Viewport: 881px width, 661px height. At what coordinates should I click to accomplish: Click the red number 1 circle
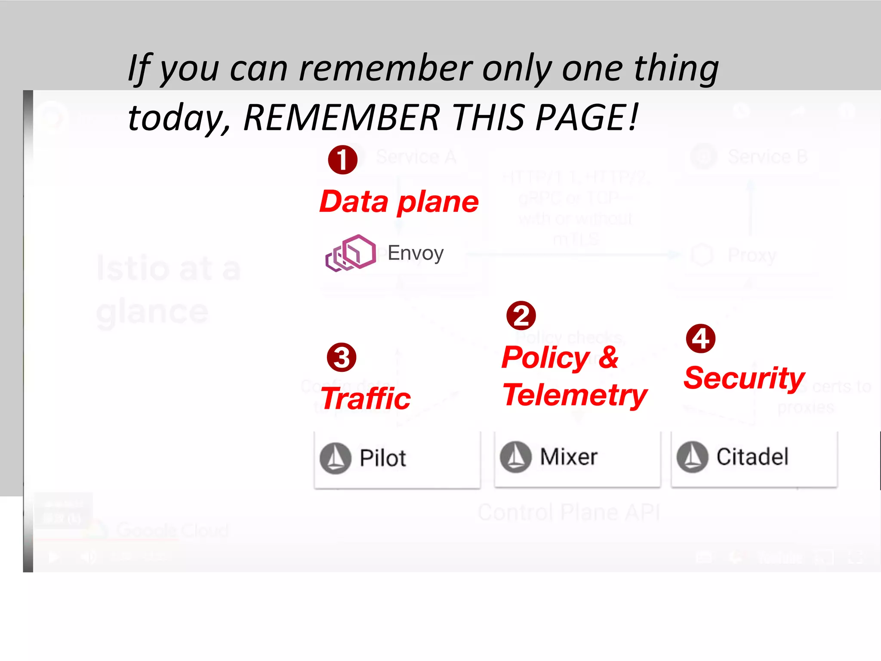(x=342, y=160)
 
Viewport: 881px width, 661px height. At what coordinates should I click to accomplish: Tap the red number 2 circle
(x=521, y=316)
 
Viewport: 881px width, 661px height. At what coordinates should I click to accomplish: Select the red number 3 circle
(x=342, y=358)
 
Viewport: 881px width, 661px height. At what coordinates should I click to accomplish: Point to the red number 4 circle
(x=701, y=339)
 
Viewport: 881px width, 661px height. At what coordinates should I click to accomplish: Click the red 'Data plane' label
(x=399, y=202)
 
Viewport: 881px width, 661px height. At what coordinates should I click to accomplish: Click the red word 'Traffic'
(x=366, y=398)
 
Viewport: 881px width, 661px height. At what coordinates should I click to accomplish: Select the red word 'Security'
(x=744, y=378)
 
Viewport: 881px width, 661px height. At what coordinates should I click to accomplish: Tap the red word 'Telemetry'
(x=575, y=395)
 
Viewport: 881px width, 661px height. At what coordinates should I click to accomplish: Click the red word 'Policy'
(x=545, y=358)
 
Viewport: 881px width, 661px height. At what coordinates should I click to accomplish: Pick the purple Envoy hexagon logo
(x=351, y=253)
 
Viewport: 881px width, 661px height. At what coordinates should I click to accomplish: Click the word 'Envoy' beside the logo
(x=416, y=253)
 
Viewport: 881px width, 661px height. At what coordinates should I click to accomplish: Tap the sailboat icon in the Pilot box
(x=336, y=458)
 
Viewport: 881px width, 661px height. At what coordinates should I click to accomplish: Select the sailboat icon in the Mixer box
(x=515, y=457)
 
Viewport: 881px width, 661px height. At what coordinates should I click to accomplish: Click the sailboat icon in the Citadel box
(x=692, y=457)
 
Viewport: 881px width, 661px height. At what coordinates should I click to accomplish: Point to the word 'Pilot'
(x=382, y=458)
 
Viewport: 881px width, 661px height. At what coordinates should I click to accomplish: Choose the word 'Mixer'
(x=569, y=457)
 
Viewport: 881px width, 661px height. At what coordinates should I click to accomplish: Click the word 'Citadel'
(x=752, y=457)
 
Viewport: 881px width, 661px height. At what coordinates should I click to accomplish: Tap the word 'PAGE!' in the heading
(x=587, y=117)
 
